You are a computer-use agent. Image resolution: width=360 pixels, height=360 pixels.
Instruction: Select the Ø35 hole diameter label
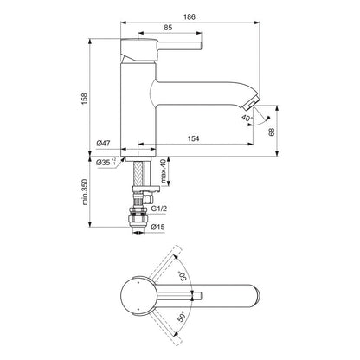click(105, 162)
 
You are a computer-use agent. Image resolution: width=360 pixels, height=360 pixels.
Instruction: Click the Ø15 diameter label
click(158, 227)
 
